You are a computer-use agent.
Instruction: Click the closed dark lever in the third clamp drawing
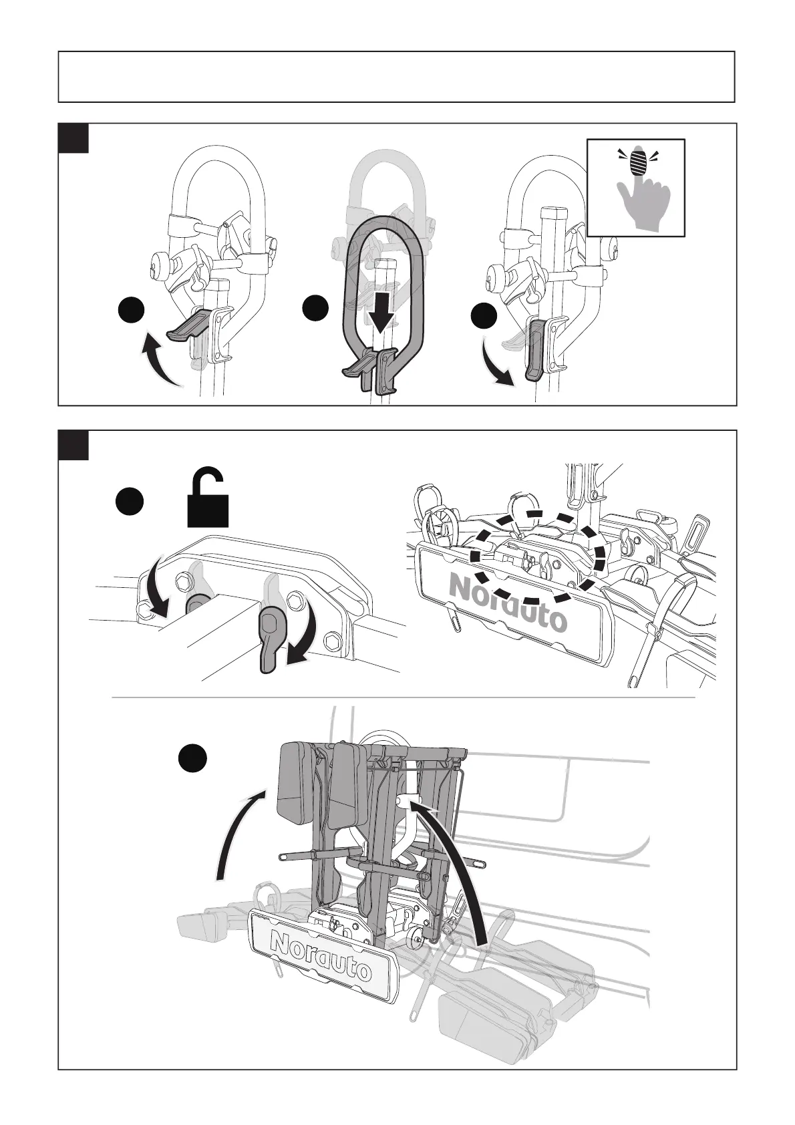click(535, 347)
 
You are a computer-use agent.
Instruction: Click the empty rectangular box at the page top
click(397, 77)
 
